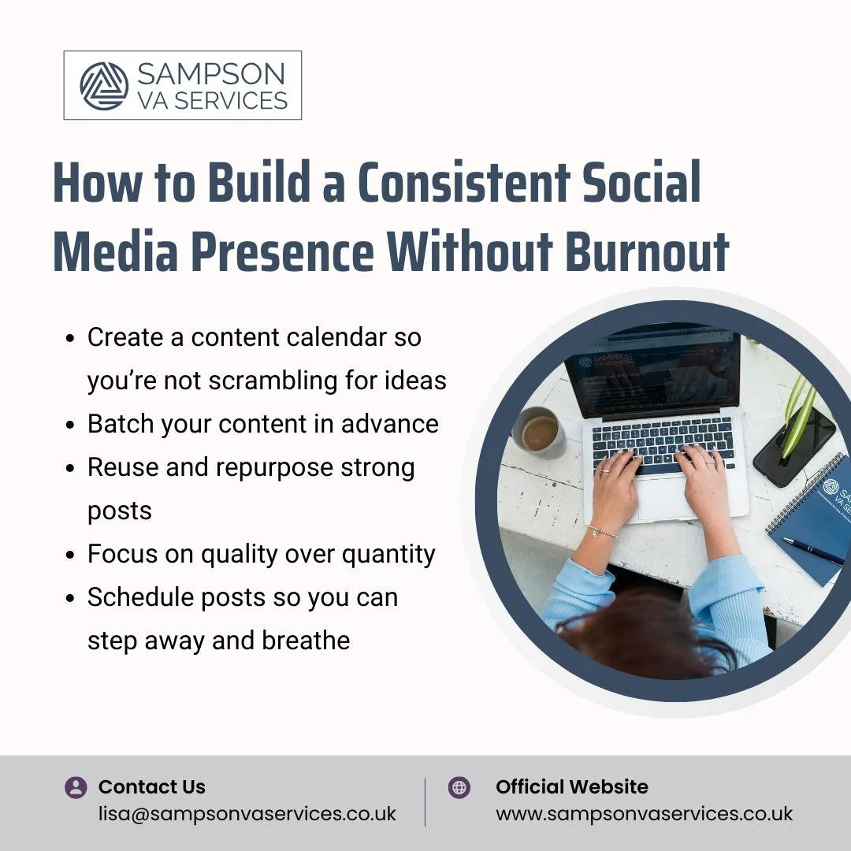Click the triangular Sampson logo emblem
click(104, 86)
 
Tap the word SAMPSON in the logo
click(210, 74)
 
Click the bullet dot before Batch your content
click(71, 425)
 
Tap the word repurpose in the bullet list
click(273, 467)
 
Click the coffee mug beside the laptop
click(540, 432)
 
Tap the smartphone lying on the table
click(793, 446)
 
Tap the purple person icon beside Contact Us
click(76, 787)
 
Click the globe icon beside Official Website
click(459, 787)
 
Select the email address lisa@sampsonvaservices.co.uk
click(247, 814)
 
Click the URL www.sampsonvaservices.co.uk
click(644, 814)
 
